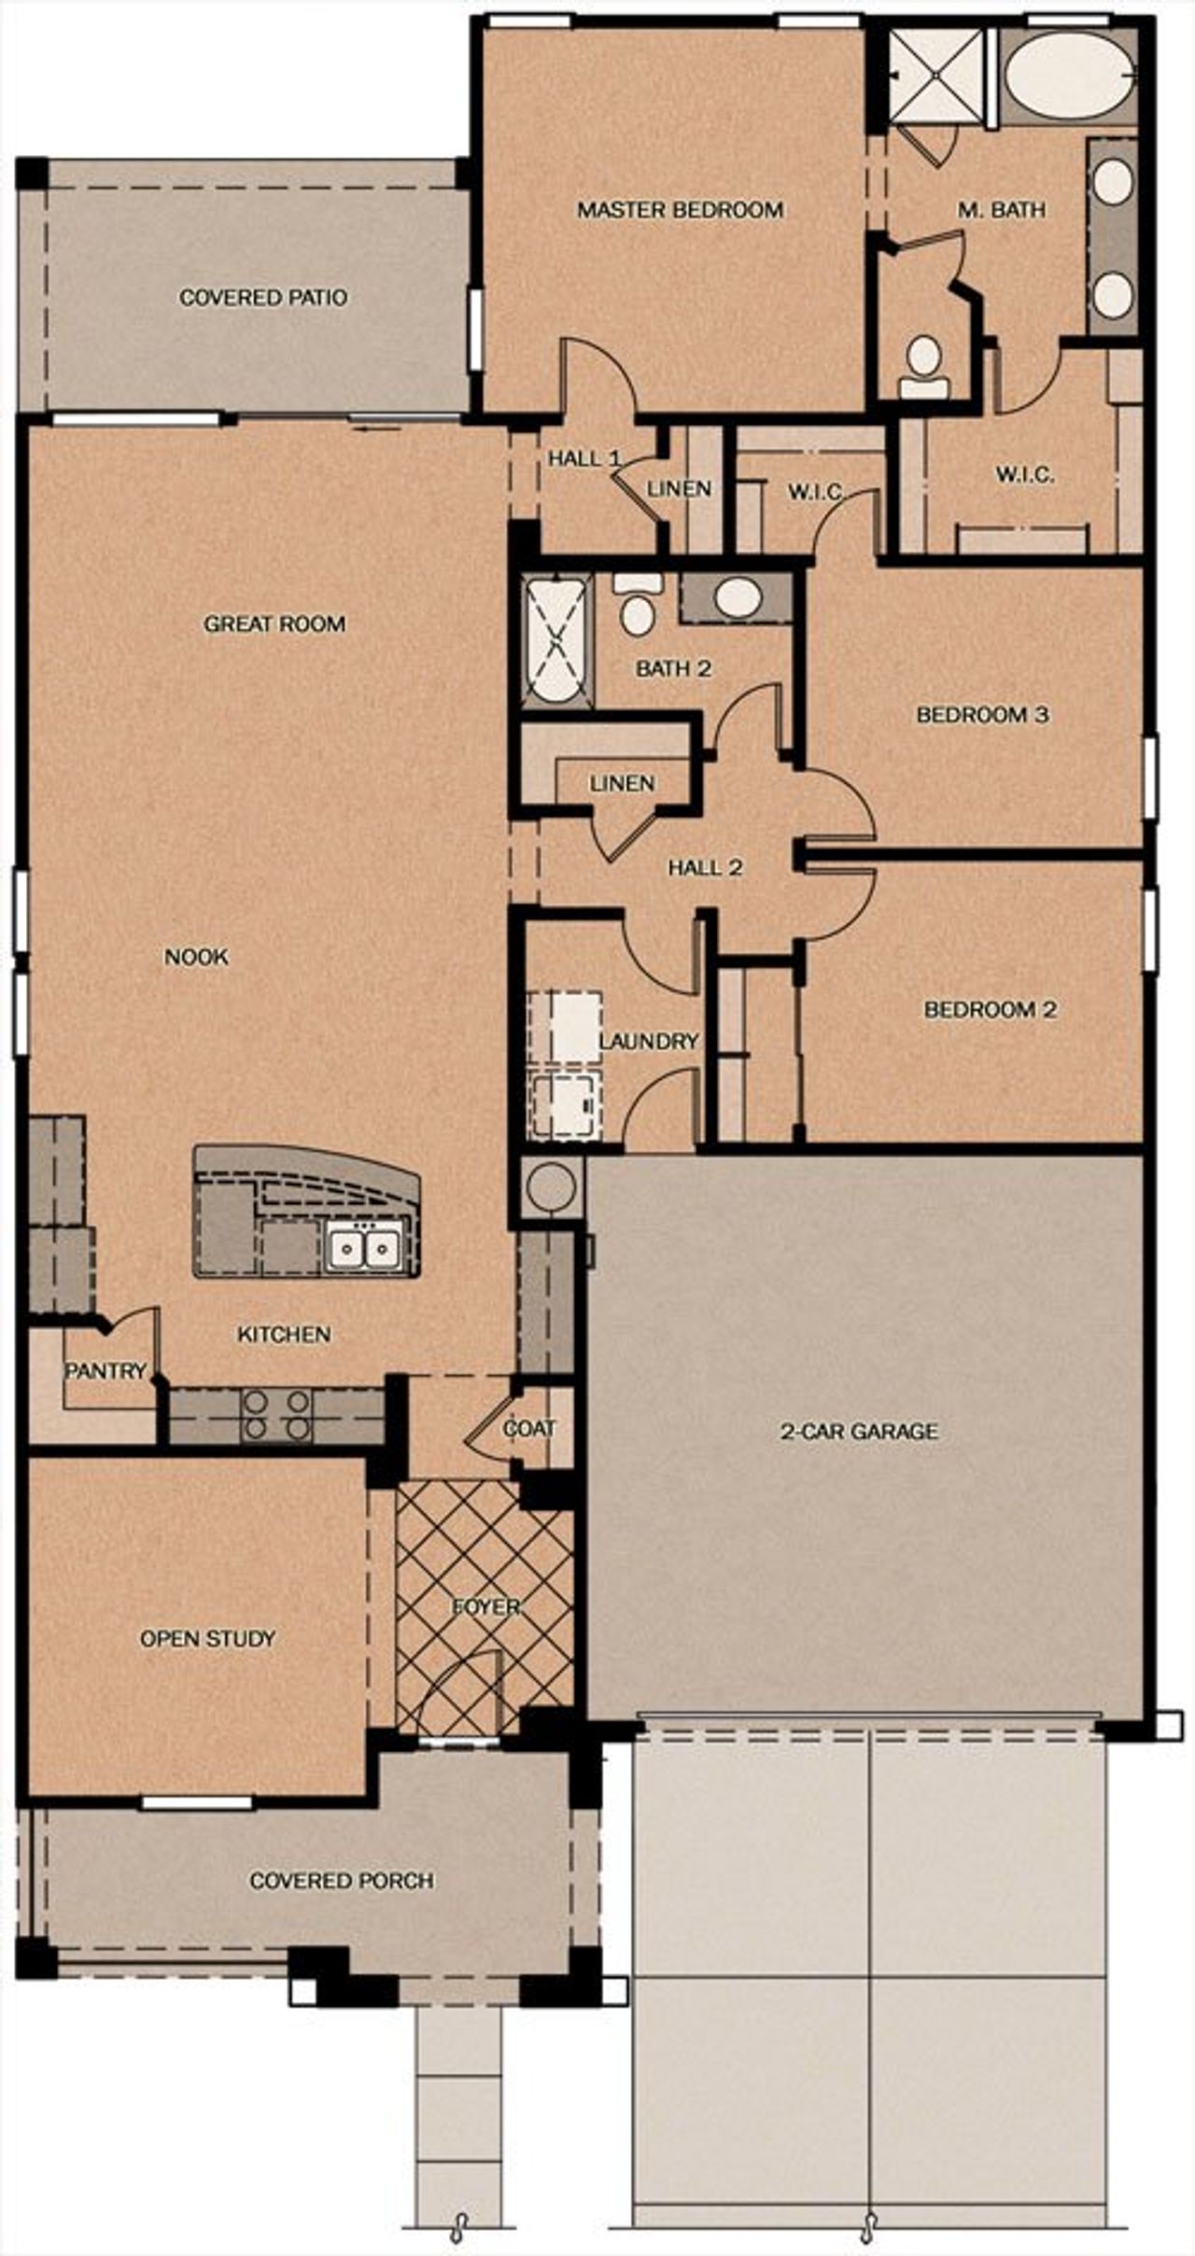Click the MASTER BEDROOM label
[x=680, y=210]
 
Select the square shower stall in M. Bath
[x=935, y=75]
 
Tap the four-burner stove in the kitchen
[x=276, y=1415]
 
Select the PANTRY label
[x=105, y=1371]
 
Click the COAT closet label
[x=529, y=1428]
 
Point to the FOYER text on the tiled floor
[x=485, y=1606]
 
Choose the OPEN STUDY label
[x=207, y=1638]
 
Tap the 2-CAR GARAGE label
[x=859, y=1431]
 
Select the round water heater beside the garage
[x=551, y=1187]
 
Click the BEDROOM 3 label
[x=982, y=715]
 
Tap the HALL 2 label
[x=705, y=868]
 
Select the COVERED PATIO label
[x=263, y=298]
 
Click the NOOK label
[x=196, y=957]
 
